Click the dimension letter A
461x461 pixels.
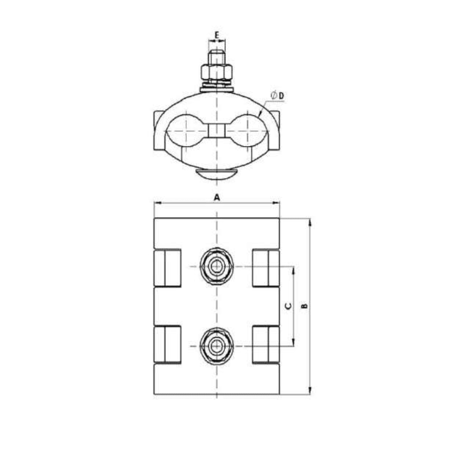(217, 197)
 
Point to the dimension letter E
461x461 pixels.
(217, 35)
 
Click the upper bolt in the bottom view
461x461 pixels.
(217, 266)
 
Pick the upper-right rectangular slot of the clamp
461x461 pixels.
(266, 267)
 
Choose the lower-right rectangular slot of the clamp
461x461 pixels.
(266, 345)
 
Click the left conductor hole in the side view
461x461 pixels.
(186, 131)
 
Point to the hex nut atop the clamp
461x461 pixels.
(217, 73)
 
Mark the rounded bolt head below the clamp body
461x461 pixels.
(217, 173)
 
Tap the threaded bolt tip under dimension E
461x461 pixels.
(217, 58)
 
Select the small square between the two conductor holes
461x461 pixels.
(217, 131)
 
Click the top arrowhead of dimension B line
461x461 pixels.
(310, 222)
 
